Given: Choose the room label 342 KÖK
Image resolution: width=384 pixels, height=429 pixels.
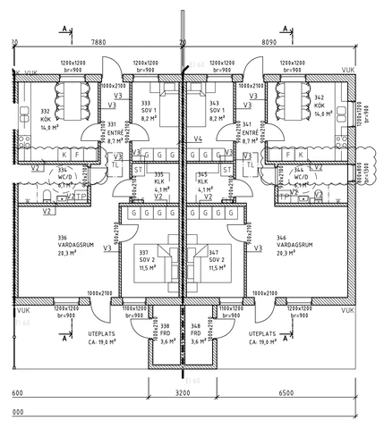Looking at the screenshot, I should click(319, 105).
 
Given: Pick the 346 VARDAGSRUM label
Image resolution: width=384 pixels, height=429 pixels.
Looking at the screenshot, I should click(294, 246).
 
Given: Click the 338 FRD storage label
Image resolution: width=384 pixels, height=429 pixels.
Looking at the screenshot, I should click(164, 333).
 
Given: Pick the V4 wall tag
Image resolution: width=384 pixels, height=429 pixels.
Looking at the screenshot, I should click(198, 139).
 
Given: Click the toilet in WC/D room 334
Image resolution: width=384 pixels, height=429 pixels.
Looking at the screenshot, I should click(45, 196).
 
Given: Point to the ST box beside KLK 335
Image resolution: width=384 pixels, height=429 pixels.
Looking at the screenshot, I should click(139, 169).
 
